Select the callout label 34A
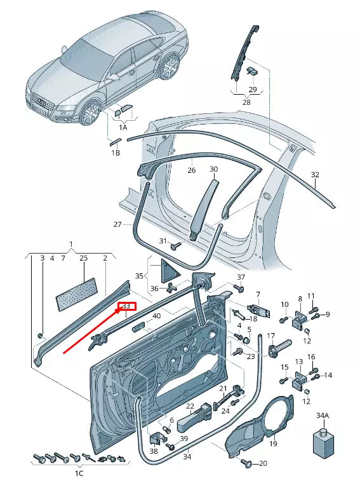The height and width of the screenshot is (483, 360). pyautogui.click(x=323, y=416)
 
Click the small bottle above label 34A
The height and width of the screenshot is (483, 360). pyautogui.click(x=323, y=440)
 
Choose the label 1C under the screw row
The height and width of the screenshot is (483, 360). pyautogui.click(x=79, y=473)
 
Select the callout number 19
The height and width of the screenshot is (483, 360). pyautogui.click(x=274, y=444)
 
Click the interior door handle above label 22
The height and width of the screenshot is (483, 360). pyautogui.click(x=194, y=419)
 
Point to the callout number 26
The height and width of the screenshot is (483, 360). pyautogui.click(x=190, y=170)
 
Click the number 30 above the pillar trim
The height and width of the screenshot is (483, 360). pyautogui.click(x=213, y=170)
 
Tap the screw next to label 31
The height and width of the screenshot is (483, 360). pyautogui.click(x=176, y=244)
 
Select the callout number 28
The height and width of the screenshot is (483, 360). pyautogui.click(x=246, y=102)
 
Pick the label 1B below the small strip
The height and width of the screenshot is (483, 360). pyautogui.click(x=116, y=153)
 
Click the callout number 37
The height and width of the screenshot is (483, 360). pyautogui.click(x=241, y=277)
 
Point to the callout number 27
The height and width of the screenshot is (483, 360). pyautogui.click(x=117, y=224)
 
